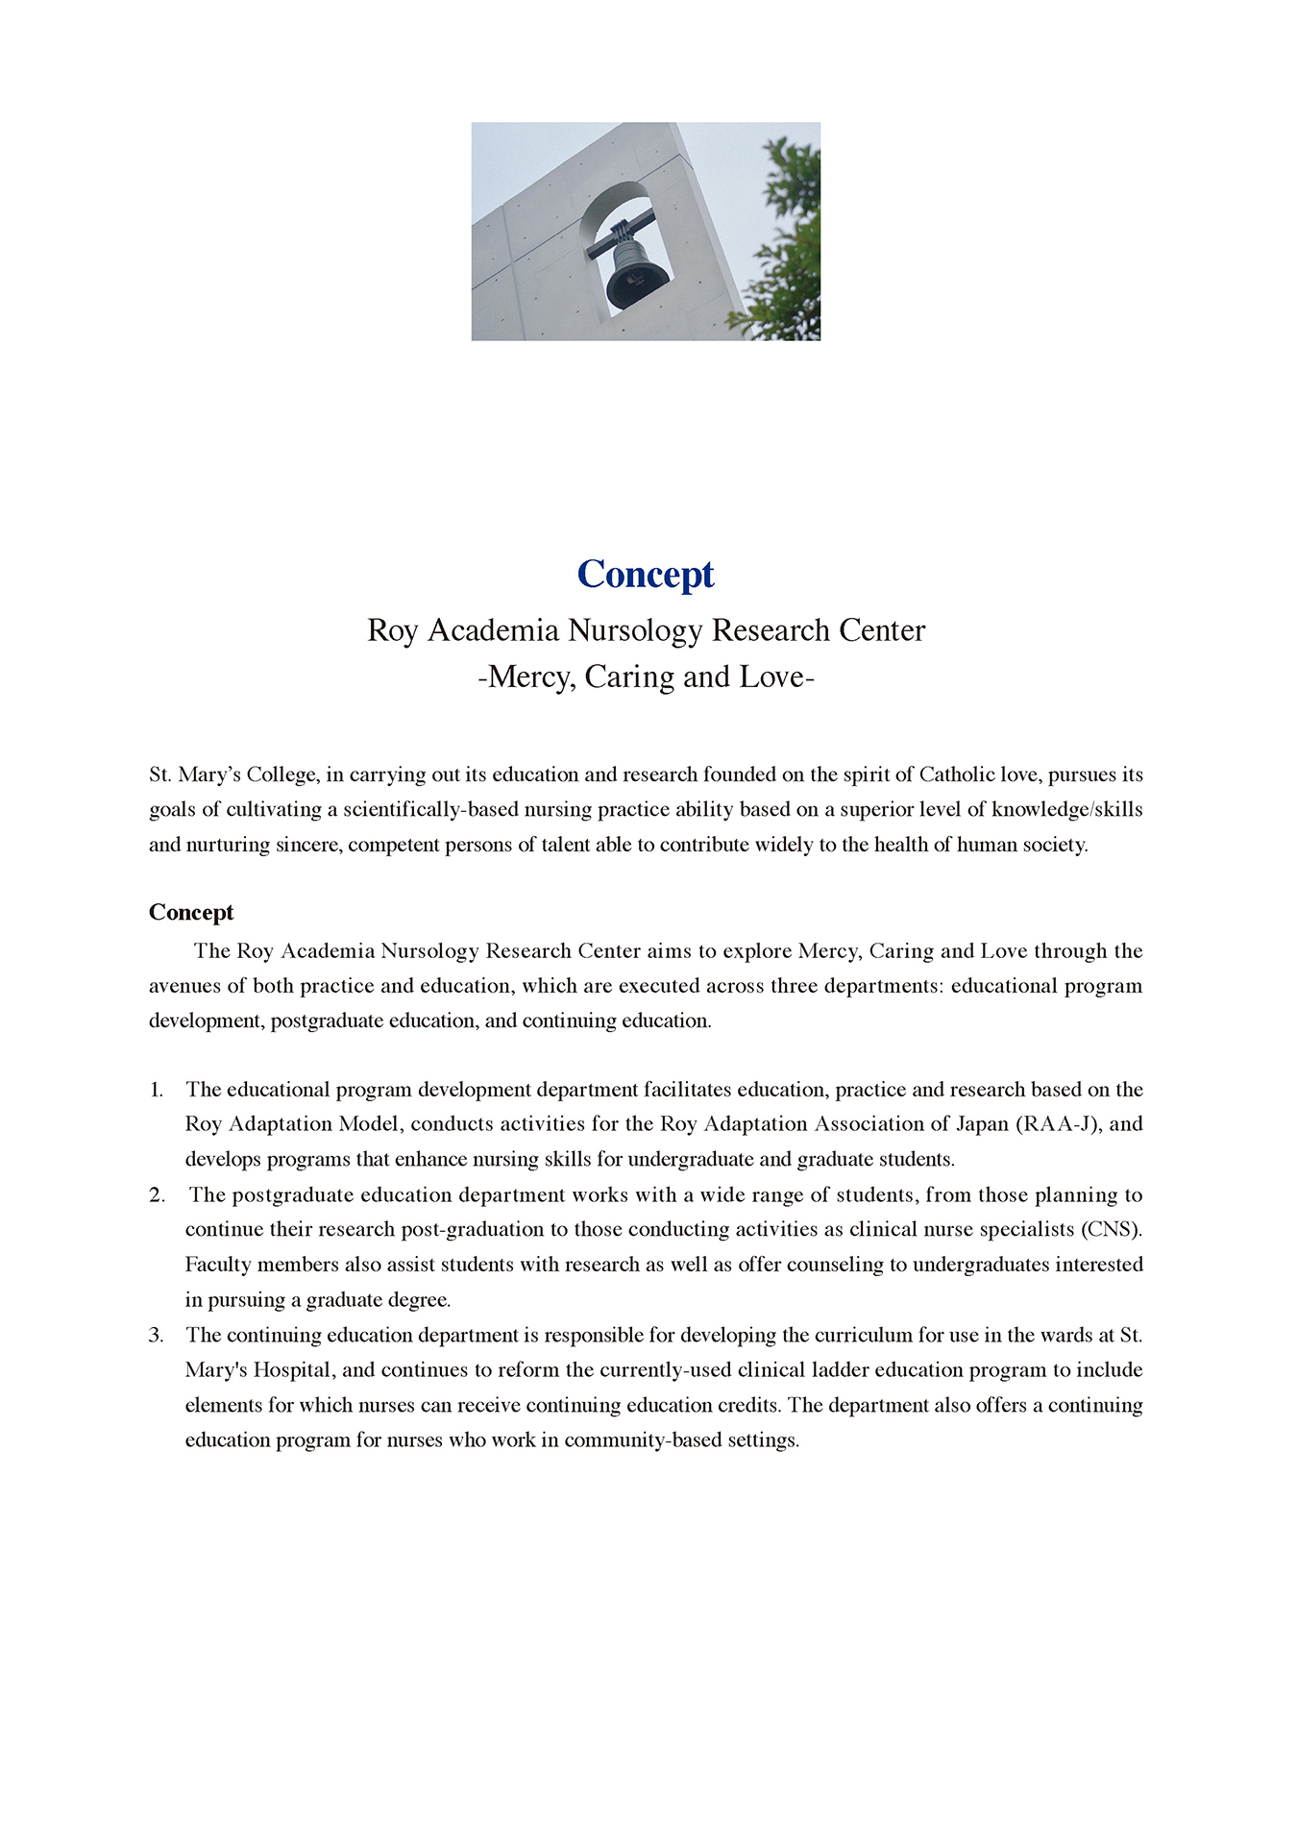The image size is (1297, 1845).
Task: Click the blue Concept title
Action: pyautogui.click(x=646, y=575)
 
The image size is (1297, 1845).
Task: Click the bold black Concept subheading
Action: pyautogui.click(x=191, y=912)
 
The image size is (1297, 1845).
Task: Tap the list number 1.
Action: pyautogui.click(x=156, y=1090)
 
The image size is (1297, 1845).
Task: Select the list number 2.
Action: pyautogui.click(x=157, y=1195)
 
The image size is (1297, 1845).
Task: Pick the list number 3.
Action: pyautogui.click(x=156, y=1336)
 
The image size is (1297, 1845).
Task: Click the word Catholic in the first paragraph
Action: pyautogui.click(x=960, y=775)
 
